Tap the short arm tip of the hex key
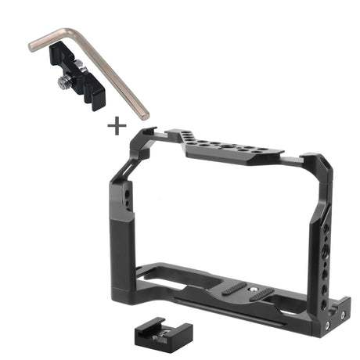click(34, 47)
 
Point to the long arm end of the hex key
click(143, 114)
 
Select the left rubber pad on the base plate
click(235, 289)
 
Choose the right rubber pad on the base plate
click(264, 294)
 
